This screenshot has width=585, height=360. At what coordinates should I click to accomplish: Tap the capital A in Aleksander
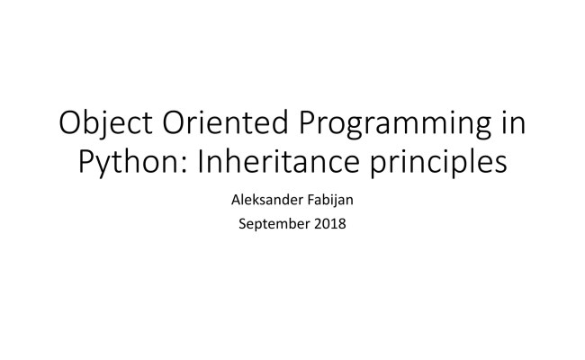pos(237,195)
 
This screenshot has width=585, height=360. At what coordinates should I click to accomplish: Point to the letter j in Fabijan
pos(334,197)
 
